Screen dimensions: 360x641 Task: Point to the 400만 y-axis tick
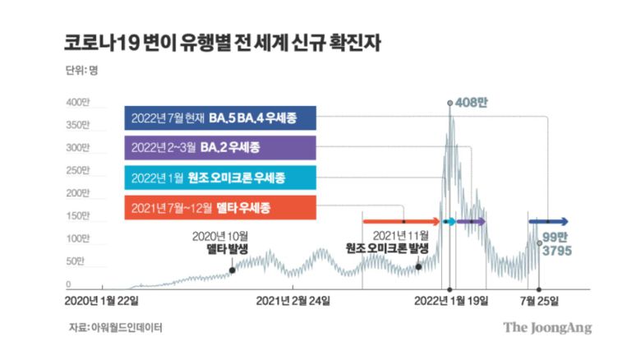tap(76, 103)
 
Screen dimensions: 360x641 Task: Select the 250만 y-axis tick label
tap(76, 171)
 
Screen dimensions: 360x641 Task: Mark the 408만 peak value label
tap(470, 104)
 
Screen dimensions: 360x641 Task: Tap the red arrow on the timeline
tap(403, 221)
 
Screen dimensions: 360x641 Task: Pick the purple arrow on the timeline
tap(471, 221)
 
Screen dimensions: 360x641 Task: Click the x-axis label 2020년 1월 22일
tap(104, 301)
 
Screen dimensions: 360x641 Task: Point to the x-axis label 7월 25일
tap(540, 301)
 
